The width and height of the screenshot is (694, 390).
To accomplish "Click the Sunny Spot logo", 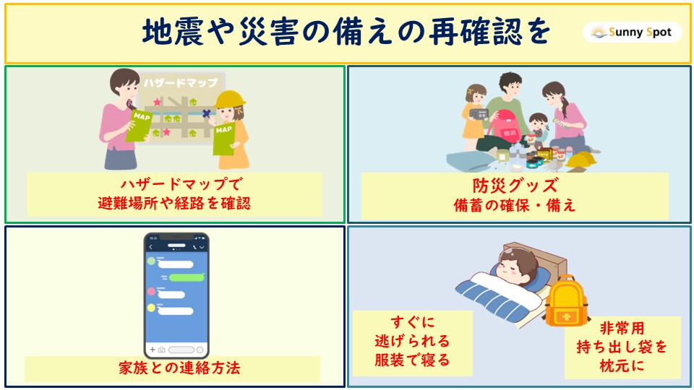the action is point(632,32).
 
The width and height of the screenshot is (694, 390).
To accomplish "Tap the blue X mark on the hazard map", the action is point(206,113).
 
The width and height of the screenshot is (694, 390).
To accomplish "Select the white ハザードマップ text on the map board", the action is point(181,83).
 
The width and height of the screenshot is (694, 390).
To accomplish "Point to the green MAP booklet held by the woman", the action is point(139,126).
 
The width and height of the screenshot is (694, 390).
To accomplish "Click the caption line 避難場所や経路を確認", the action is point(174,204).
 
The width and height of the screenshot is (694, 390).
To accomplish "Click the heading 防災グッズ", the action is point(515,186).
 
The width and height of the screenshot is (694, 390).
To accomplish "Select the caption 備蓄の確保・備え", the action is point(515,205).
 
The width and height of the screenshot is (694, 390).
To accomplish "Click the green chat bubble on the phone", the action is point(187,277).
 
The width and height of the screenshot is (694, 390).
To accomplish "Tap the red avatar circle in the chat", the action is point(151,291).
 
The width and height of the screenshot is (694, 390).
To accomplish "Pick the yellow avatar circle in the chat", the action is point(151,308).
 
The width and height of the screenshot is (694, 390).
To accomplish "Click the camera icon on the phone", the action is point(161,350).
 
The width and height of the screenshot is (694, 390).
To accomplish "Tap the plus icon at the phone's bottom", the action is point(153,350).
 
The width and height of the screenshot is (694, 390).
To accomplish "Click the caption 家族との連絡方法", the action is point(179,368).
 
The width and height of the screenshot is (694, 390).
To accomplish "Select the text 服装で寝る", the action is point(412,360).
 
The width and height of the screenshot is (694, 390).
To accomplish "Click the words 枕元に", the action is point(622,365).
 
